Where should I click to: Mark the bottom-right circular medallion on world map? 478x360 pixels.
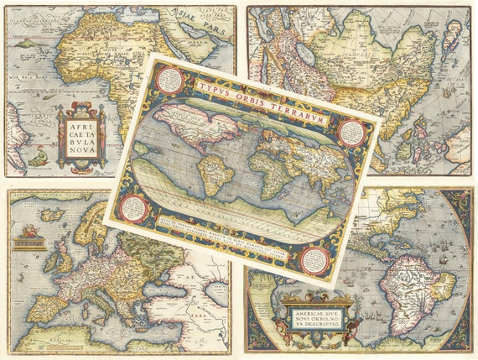coord(314,259)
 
